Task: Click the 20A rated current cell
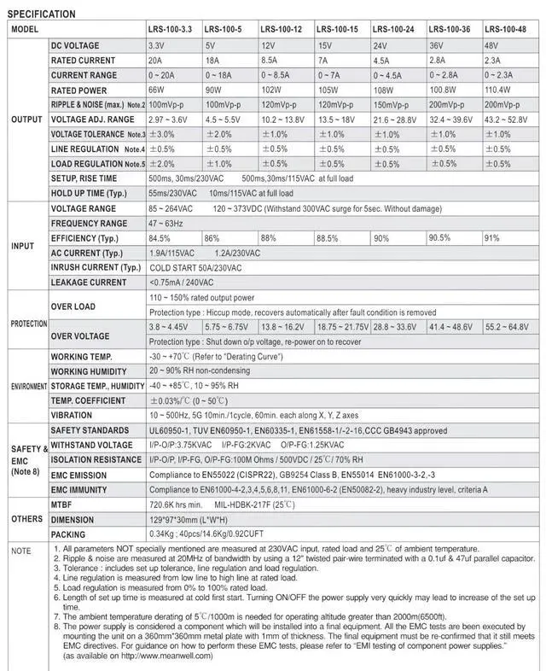coord(156,60)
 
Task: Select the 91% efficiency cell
coord(492,238)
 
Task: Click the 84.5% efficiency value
coord(160,238)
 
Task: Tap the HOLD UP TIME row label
coord(90,194)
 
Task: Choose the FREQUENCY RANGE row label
coord(90,224)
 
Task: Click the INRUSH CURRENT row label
coord(96,268)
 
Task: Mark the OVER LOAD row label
coord(73,306)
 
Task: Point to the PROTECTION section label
coord(28,324)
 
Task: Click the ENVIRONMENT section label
coord(29,386)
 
